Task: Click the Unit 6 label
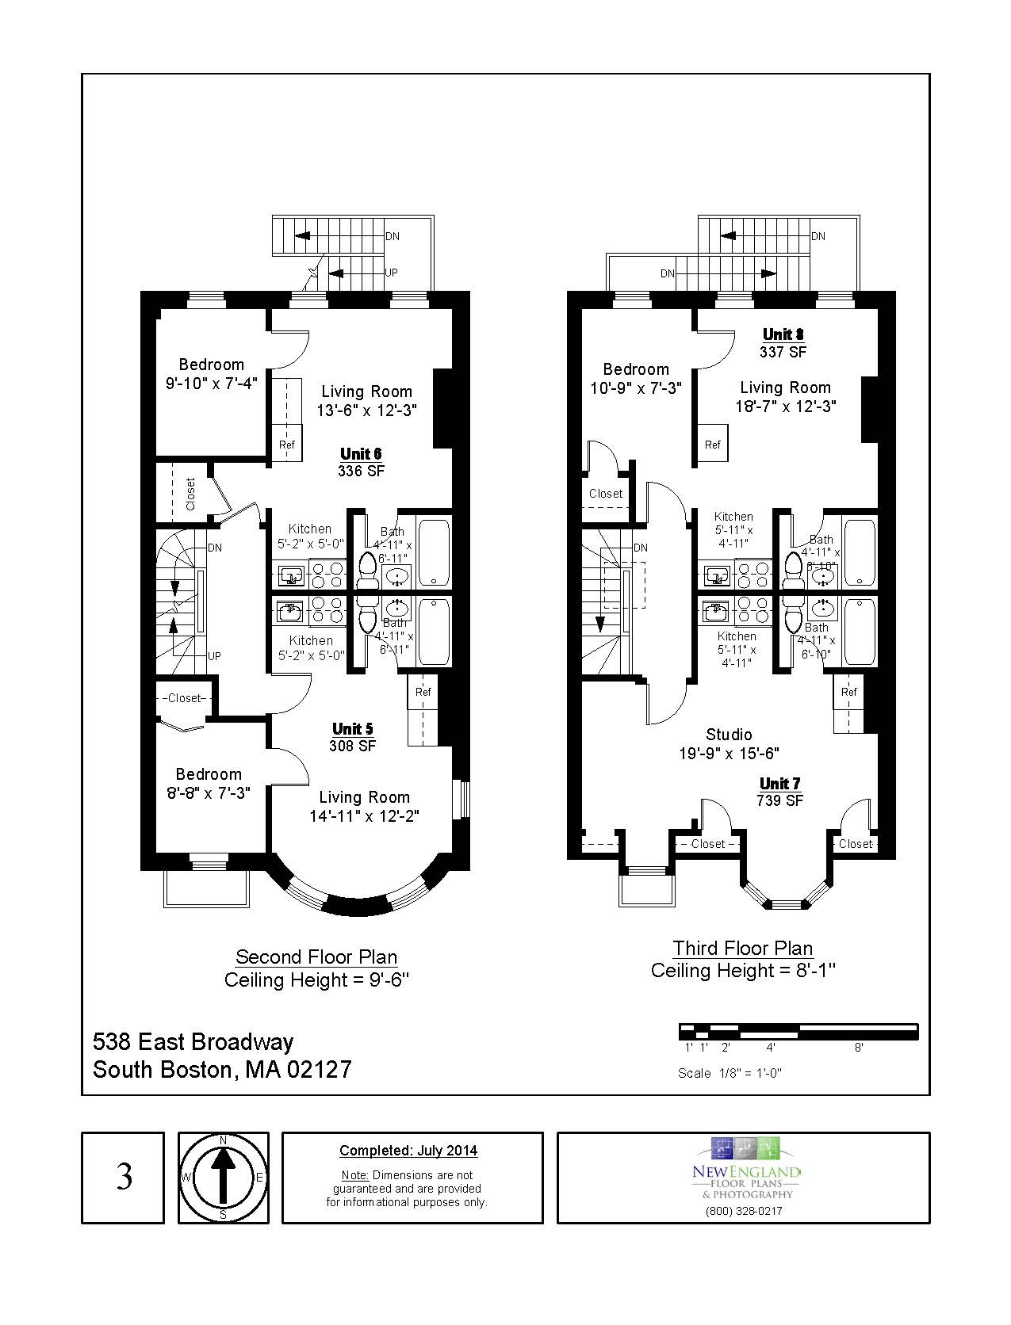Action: tap(361, 454)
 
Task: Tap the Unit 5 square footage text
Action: tap(353, 746)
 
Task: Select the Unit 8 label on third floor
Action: tap(783, 334)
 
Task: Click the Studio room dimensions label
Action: tap(729, 754)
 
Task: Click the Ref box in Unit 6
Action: tap(287, 445)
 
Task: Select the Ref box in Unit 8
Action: tap(712, 445)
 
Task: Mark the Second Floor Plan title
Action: tap(316, 957)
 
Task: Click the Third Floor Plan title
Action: tap(743, 948)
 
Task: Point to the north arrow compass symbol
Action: tap(223, 1178)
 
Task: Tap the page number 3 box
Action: tap(124, 1178)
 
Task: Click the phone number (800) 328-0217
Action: tap(743, 1211)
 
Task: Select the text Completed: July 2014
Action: tap(408, 1151)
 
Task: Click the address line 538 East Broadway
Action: tap(193, 1041)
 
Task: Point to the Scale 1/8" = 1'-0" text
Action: tap(730, 1073)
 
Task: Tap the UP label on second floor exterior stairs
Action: tap(391, 273)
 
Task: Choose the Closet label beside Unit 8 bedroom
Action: tap(606, 494)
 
